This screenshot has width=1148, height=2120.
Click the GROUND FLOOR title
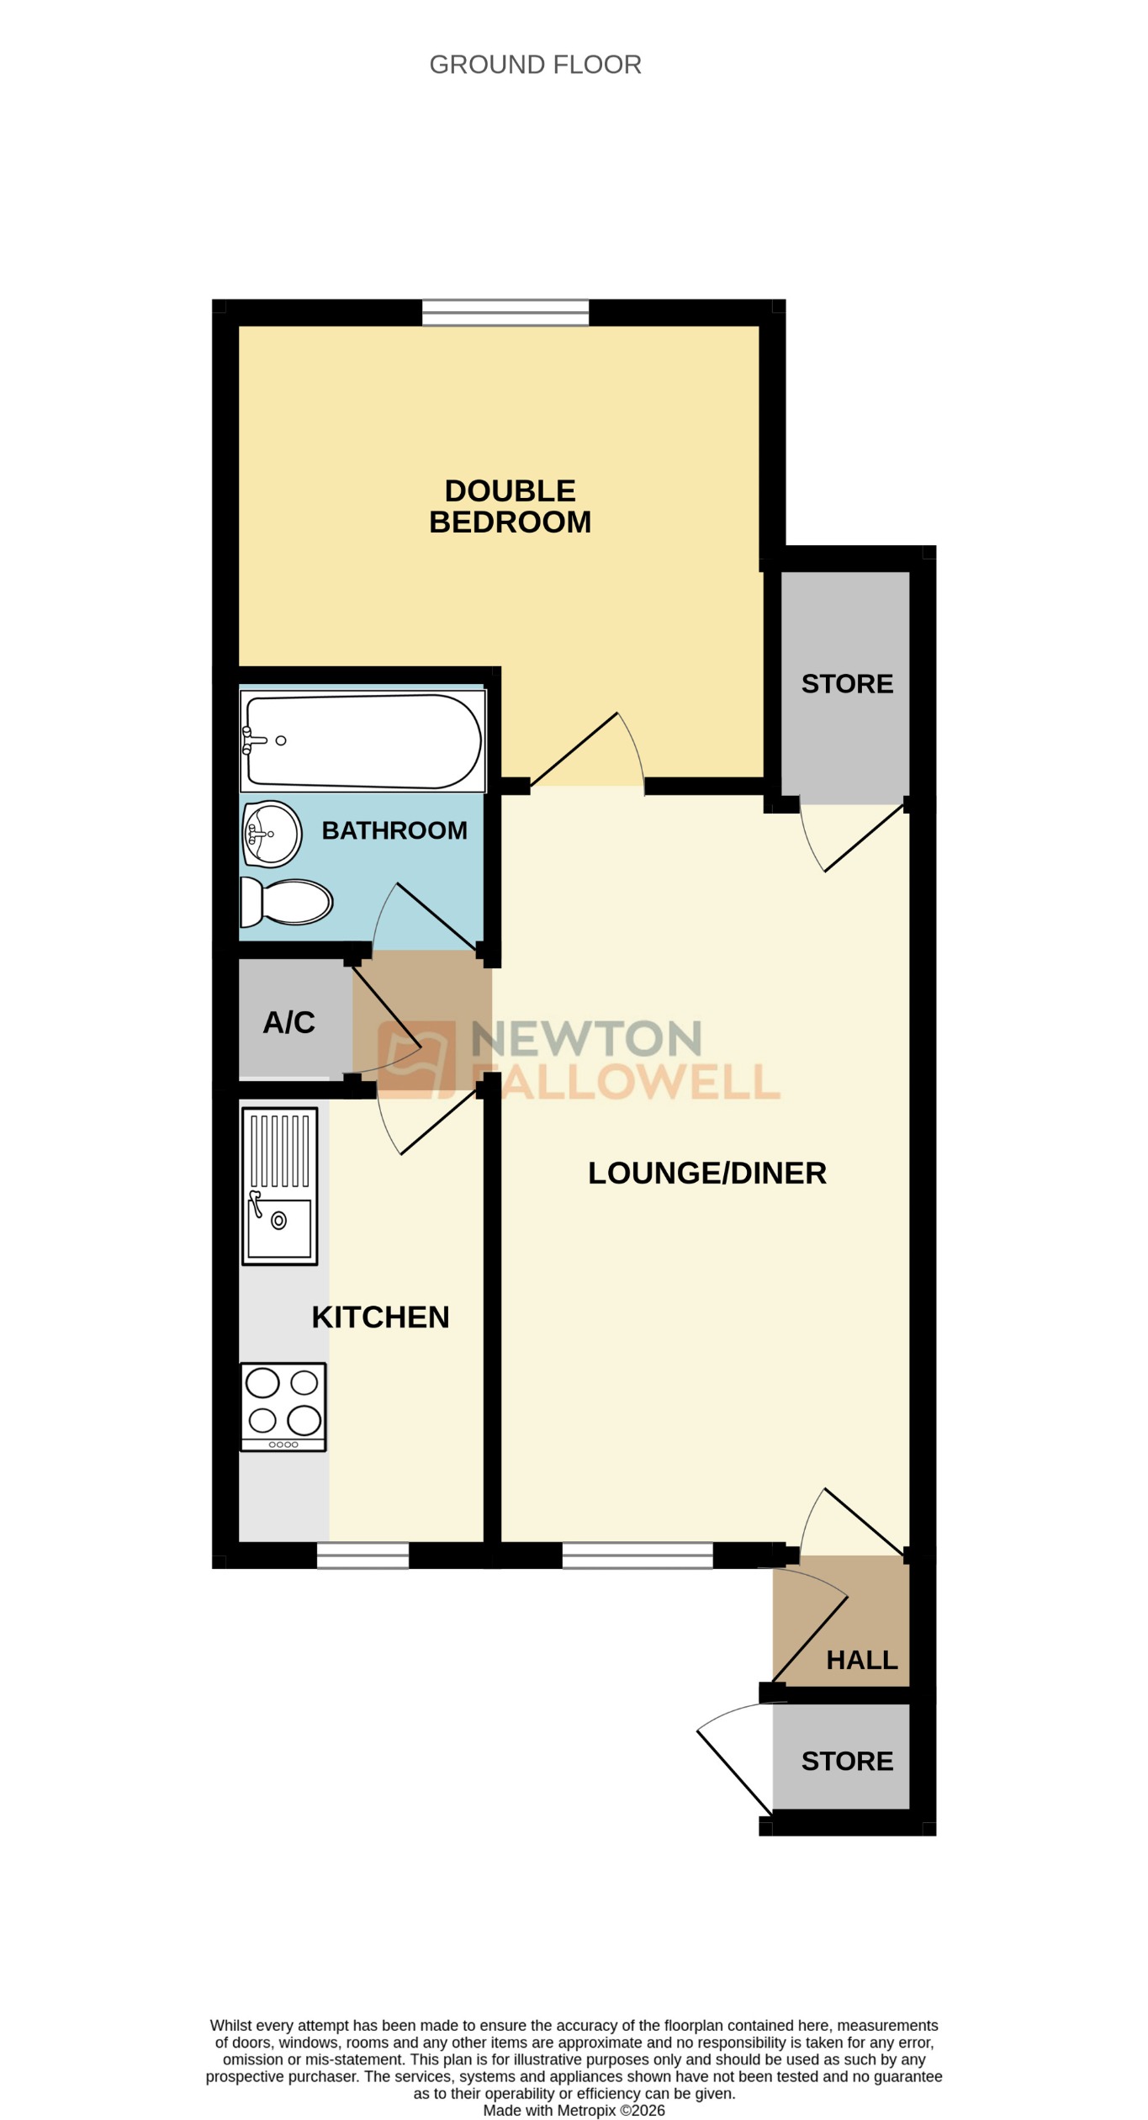535,65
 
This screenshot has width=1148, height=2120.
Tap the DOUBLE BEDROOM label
510,506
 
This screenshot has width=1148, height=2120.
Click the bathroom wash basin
272,834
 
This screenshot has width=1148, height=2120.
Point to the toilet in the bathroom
287,902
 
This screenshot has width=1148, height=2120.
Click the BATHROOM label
394,830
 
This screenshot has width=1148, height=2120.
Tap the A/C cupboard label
288,1022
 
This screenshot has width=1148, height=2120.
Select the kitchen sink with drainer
280,1185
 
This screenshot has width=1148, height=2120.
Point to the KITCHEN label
380,1317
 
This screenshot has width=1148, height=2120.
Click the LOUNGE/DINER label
706,1173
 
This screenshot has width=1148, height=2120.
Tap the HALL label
862,1660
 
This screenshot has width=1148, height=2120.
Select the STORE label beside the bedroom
847,684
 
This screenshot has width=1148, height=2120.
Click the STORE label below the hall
847,1761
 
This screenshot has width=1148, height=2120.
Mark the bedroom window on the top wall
505,312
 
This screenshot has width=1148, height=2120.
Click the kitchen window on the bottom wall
362,1556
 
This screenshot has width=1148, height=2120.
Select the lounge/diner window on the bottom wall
637,1556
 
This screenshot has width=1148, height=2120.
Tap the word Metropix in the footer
586,2110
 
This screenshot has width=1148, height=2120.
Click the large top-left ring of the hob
262,1382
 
